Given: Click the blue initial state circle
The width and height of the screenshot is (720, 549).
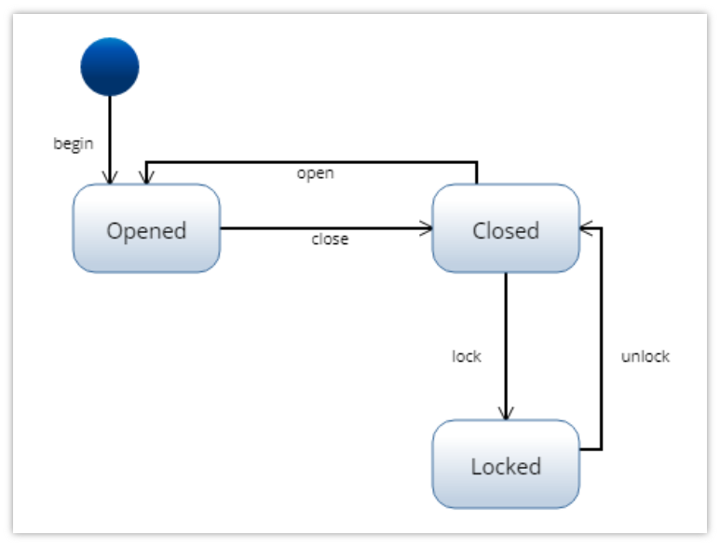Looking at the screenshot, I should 110,66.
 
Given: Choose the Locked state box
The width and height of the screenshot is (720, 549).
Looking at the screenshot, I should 506,490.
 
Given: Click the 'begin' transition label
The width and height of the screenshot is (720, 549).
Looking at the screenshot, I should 74,144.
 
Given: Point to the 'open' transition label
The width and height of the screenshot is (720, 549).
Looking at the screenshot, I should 315,173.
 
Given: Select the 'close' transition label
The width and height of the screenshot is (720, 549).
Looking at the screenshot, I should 330,240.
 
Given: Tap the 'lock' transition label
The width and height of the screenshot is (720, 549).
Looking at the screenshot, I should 467,356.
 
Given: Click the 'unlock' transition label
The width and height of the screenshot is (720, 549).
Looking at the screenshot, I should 645,356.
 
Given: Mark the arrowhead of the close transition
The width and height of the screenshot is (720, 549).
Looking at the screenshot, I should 428,228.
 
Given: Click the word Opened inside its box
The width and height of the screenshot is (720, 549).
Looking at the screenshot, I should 146,230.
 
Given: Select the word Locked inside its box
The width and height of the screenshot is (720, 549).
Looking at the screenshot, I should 506,465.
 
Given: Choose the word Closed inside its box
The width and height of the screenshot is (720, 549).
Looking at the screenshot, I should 506,230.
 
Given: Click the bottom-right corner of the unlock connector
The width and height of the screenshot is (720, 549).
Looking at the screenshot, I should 602,450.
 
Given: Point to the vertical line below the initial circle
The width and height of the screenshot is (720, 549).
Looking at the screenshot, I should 110,130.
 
